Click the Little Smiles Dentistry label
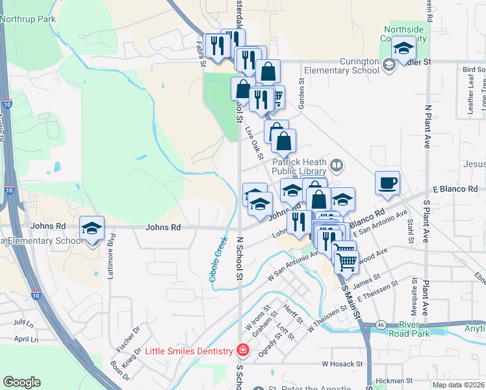tap(188, 352)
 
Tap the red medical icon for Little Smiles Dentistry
tap(242, 351)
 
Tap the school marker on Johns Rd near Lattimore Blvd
tap(92, 228)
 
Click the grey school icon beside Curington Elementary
tap(389, 64)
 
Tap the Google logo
tap(21, 382)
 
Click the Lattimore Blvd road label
tap(111, 250)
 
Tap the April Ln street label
tap(25, 339)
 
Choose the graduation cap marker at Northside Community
tap(403, 47)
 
